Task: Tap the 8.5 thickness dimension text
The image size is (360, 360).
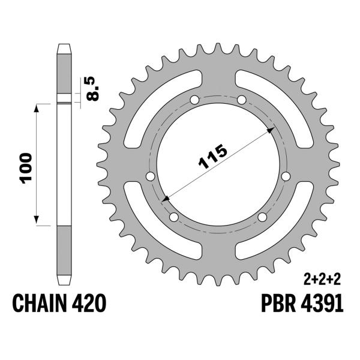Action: pyautogui.click(x=92, y=89)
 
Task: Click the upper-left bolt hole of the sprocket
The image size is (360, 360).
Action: pyautogui.click(x=193, y=100)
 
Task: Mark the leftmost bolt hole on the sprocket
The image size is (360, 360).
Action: pyautogui.click(x=149, y=176)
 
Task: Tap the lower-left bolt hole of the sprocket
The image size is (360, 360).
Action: pyautogui.click(x=174, y=217)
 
